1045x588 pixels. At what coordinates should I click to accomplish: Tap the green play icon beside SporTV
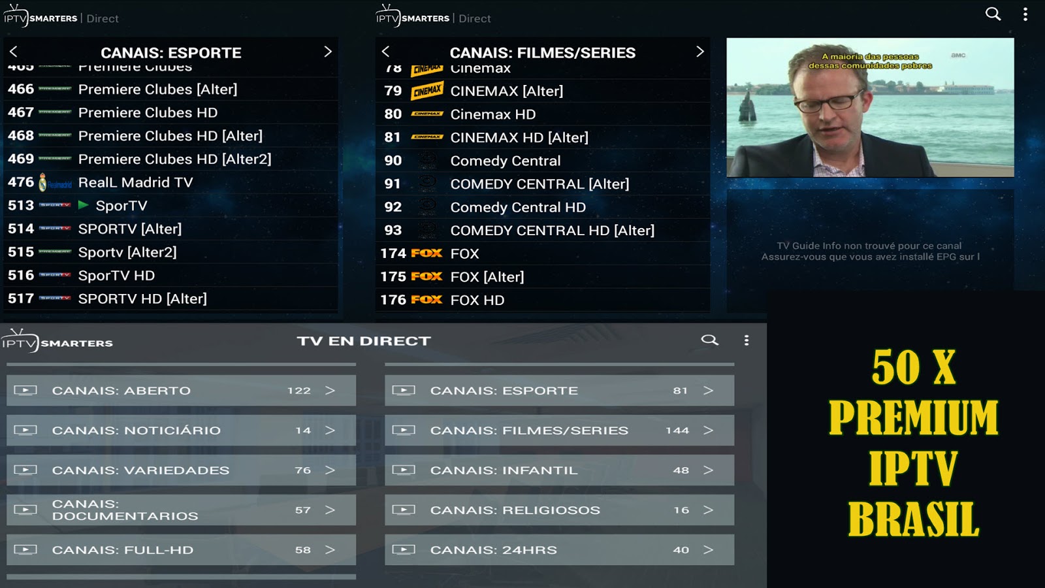84,205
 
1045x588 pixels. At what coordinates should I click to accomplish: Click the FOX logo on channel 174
426,253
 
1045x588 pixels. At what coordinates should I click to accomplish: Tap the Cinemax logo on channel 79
427,91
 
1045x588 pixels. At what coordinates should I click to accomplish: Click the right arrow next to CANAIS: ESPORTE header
328,52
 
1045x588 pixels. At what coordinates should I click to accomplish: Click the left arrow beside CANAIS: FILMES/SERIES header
385,52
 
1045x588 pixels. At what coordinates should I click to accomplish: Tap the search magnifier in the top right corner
993,14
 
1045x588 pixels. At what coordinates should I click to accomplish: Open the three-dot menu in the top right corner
1025,14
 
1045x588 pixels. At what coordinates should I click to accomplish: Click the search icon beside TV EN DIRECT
709,340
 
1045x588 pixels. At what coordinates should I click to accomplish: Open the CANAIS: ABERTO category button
181,391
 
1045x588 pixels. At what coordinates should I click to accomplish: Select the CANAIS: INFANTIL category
559,470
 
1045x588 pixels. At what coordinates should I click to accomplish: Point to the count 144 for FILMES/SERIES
677,431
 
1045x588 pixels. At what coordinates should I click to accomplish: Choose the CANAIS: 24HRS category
559,550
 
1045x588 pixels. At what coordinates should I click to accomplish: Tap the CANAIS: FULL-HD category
181,550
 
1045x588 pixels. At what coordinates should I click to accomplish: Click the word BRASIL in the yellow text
913,520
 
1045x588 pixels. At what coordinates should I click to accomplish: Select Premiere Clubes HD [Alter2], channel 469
174,159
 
